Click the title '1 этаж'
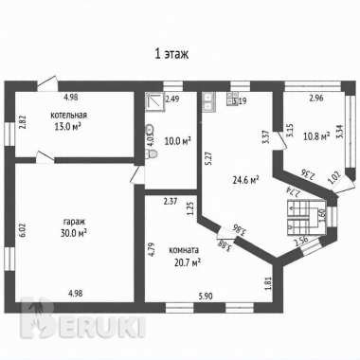click(x=171, y=55)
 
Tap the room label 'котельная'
click(x=68, y=116)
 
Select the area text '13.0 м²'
click(x=68, y=126)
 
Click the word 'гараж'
click(x=74, y=222)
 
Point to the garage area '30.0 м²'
click(x=74, y=233)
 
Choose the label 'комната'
click(x=184, y=250)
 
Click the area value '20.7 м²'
click(x=188, y=261)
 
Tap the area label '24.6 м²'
click(x=246, y=180)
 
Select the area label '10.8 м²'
click(x=316, y=136)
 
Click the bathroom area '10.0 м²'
click(x=178, y=140)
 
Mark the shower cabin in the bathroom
click(x=155, y=101)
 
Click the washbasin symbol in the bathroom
click(x=150, y=129)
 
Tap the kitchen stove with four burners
click(x=232, y=99)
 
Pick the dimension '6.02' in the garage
click(x=26, y=231)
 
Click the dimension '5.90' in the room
click(x=205, y=297)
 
